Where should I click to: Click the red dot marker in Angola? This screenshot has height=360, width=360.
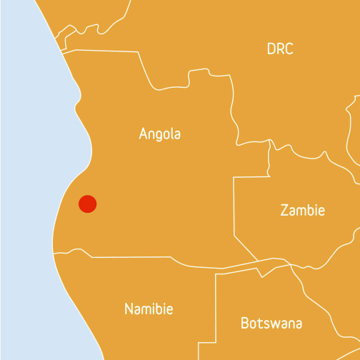click(x=87, y=204)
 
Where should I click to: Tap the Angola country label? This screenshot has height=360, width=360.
click(x=160, y=134)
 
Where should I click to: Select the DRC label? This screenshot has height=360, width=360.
click(x=280, y=49)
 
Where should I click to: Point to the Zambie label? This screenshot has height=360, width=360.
click(x=302, y=211)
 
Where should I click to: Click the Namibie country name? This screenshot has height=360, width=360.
click(x=149, y=309)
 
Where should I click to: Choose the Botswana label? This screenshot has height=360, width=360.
click(x=271, y=323)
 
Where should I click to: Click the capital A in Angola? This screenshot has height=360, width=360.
click(x=144, y=134)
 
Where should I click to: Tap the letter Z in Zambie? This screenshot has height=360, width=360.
click(x=284, y=211)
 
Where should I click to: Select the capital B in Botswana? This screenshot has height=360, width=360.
click(x=245, y=323)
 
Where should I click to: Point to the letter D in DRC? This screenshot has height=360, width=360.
click(x=271, y=49)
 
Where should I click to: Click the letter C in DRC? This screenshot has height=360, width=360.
click(x=289, y=49)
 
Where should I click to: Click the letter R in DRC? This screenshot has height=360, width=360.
click(x=281, y=49)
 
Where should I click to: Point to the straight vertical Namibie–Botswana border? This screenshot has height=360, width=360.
click(x=216, y=314)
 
